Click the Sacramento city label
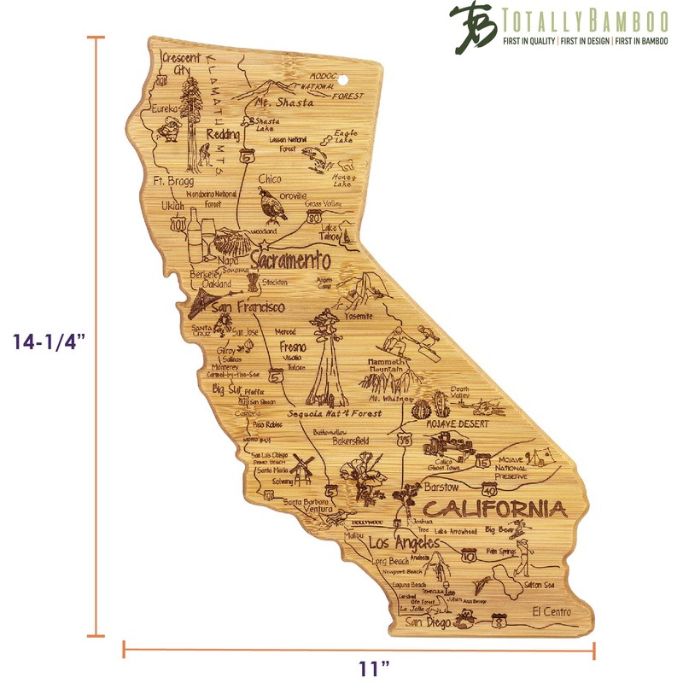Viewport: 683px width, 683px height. (x=290, y=259)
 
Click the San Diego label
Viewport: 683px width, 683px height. (x=426, y=622)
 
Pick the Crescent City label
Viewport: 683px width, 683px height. (x=180, y=63)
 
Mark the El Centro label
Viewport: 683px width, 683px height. (x=551, y=611)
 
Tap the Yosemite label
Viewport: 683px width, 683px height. (x=358, y=316)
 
